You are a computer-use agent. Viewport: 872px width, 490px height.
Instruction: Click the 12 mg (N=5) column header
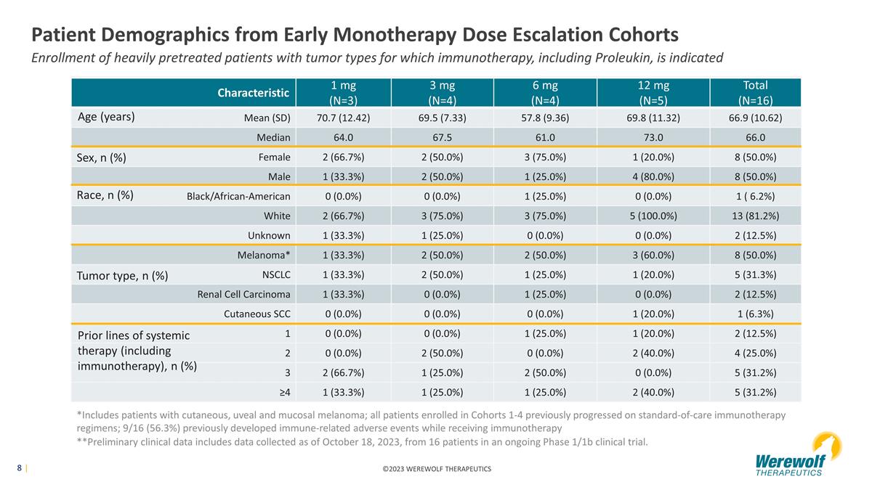[653, 93]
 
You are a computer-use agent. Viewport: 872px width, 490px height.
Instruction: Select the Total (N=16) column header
[755, 93]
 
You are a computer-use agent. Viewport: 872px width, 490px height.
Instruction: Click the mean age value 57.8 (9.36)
[545, 118]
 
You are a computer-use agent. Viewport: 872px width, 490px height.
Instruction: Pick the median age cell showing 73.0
[653, 138]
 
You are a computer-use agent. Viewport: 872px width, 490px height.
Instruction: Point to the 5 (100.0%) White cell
[653, 216]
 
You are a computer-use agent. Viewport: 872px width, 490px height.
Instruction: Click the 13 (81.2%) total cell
[756, 216]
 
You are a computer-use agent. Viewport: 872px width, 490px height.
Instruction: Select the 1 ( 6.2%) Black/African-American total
[756, 197]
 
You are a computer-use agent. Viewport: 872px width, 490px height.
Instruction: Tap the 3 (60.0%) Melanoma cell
[653, 255]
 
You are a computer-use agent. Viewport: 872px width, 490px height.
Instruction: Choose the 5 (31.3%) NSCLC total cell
[756, 275]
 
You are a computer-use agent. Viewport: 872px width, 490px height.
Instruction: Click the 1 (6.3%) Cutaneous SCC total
[756, 314]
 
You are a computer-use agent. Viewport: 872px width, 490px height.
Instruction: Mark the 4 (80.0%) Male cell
[653, 177]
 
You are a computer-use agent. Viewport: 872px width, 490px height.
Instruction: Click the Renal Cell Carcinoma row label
[243, 295]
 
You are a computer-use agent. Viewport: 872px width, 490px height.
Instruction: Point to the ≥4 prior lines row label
[285, 393]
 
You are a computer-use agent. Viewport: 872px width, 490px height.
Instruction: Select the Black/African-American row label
[238, 197]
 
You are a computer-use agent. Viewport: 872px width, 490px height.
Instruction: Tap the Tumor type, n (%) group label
[122, 276]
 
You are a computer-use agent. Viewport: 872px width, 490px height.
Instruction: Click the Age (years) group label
[106, 117]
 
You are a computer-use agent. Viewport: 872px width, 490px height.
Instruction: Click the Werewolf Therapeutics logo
[798, 455]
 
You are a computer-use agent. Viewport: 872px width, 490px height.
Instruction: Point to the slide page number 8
[19, 467]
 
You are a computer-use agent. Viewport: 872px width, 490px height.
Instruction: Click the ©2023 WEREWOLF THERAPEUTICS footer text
[437, 469]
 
